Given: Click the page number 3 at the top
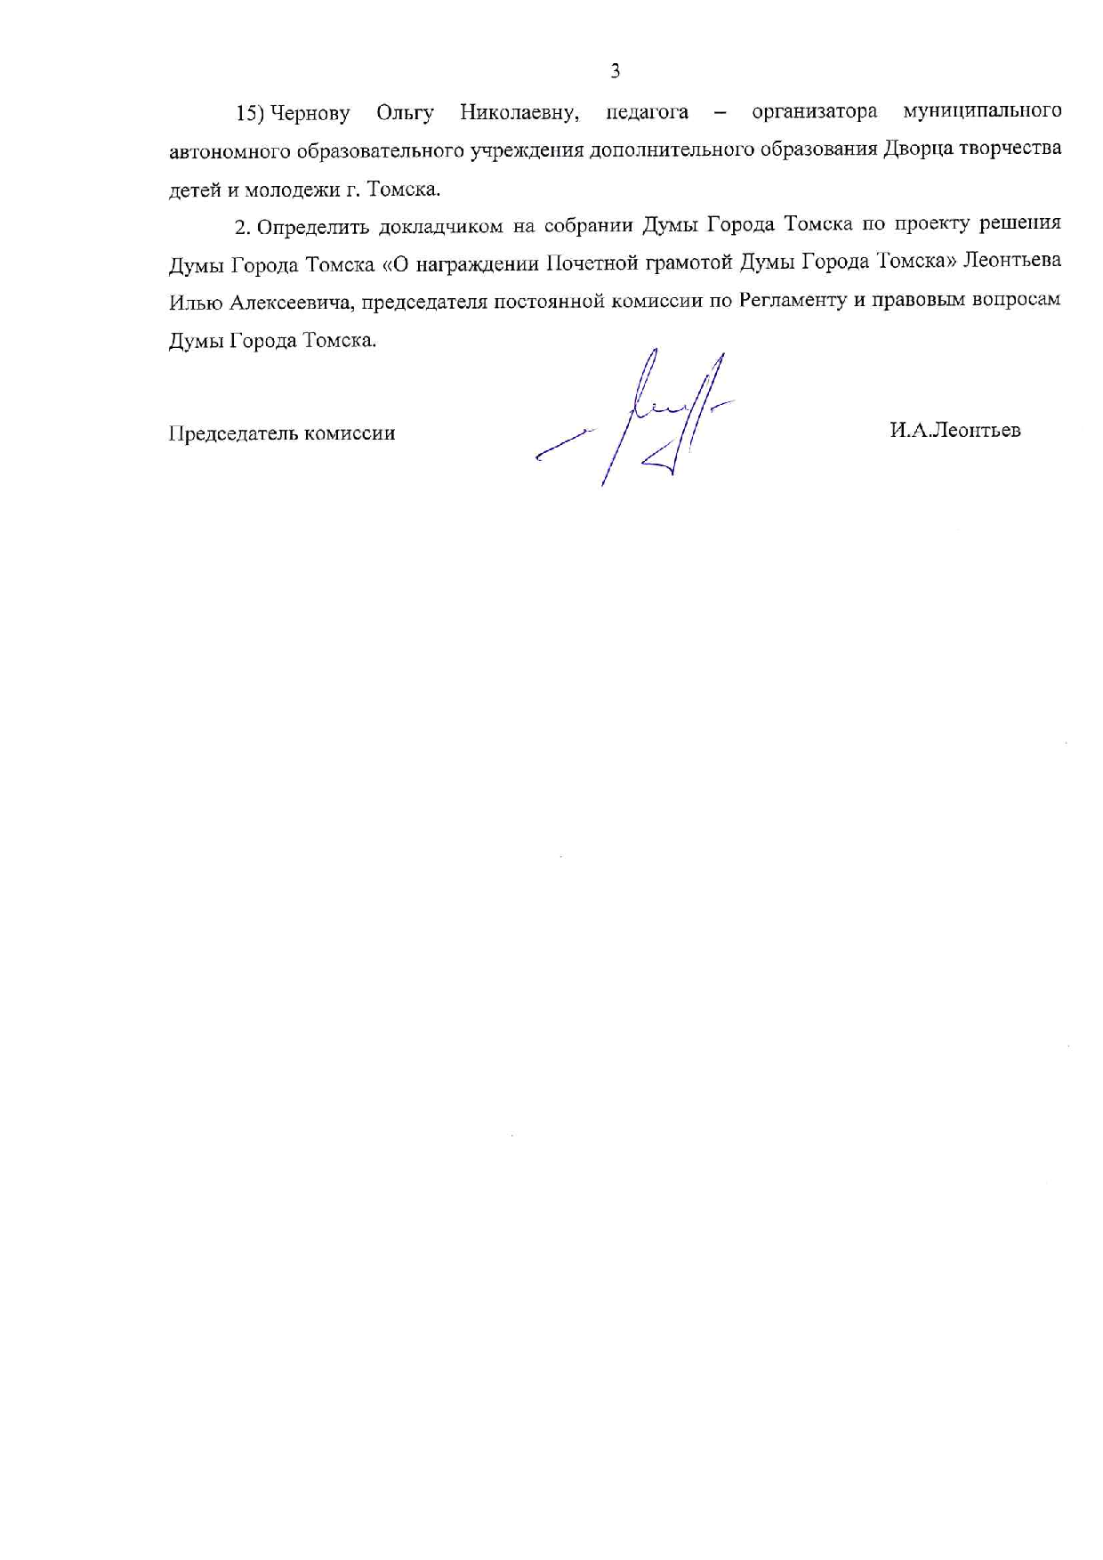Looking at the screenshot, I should (615, 71).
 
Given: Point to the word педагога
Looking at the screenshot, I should (647, 113).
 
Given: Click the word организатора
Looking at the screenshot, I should (814, 112).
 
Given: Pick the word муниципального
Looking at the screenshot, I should (981, 112).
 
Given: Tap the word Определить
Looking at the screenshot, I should (312, 227).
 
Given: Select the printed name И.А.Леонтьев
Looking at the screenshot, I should (954, 431).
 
